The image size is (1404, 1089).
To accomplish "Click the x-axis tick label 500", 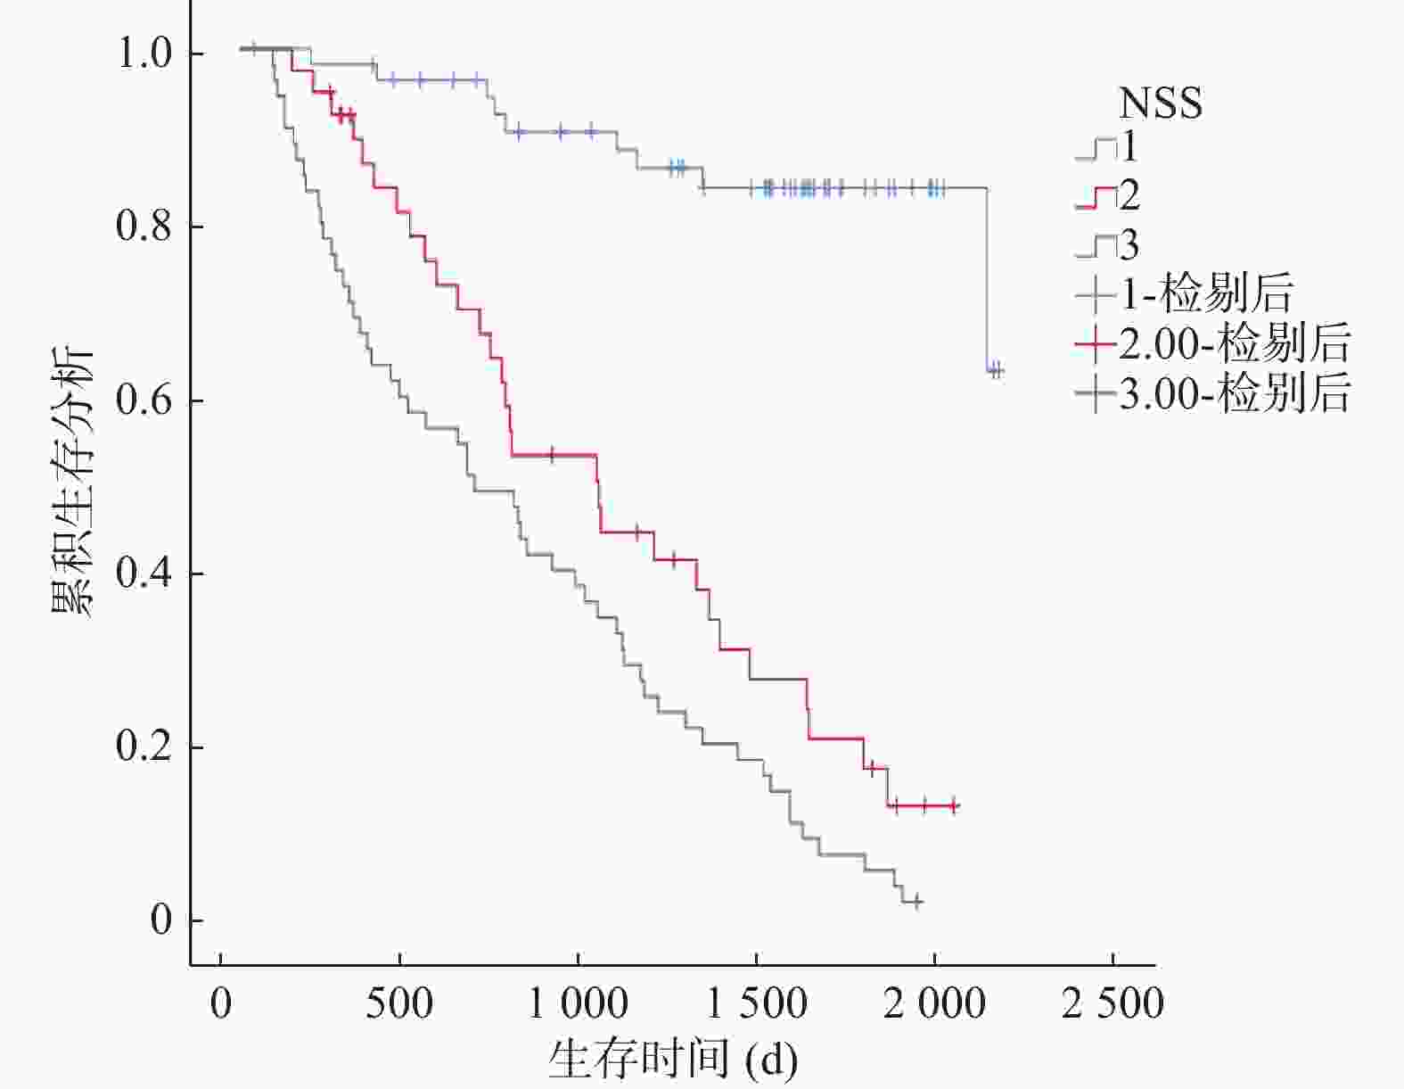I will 399,1004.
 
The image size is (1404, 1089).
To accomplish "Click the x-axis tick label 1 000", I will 578,1004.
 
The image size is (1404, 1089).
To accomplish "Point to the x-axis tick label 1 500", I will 756,1004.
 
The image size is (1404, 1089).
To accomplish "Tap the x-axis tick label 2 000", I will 934,1004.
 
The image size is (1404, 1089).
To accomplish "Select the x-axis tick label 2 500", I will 1113,1004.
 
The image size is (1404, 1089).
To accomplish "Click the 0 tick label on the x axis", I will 220,1004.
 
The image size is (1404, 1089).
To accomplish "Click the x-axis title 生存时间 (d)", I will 673,1060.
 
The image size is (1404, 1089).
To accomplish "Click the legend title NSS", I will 1160,103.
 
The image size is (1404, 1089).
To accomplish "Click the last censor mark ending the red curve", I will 953,805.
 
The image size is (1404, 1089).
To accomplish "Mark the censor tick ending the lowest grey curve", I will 915,902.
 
